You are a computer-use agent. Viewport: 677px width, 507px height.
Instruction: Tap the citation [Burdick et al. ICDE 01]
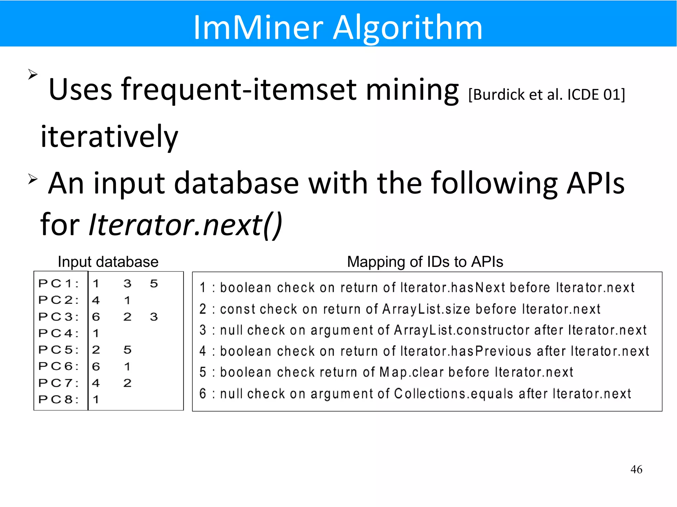click(x=547, y=95)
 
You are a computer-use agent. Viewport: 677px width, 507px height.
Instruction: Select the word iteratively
click(x=109, y=136)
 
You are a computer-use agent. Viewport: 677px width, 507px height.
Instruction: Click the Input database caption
click(x=108, y=262)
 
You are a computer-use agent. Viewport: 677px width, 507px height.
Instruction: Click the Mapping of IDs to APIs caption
click(x=425, y=262)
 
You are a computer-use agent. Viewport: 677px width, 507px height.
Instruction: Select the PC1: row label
click(x=59, y=283)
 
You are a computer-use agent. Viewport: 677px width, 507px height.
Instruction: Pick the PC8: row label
click(x=59, y=399)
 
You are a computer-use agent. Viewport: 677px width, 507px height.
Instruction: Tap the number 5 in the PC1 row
click(x=154, y=283)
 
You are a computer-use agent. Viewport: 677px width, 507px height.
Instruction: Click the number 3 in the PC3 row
click(x=154, y=317)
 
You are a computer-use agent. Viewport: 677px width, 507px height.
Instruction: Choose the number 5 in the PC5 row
click(x=128, y=350)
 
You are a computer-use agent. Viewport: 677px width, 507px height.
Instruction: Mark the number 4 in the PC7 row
click(x=96, y=383)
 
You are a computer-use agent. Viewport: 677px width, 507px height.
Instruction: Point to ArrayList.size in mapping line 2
click(x=426, y=309)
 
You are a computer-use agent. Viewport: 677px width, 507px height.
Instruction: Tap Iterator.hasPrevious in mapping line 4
click(x=466, y=351)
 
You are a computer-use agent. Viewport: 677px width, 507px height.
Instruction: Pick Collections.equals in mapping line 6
click(x=454, y=394)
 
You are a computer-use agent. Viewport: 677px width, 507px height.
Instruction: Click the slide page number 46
click(x=636, y=469)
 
